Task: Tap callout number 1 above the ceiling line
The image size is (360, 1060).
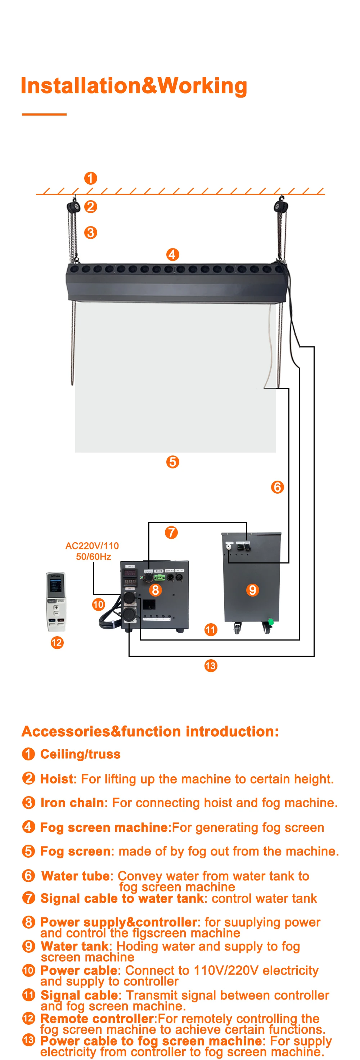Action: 90,178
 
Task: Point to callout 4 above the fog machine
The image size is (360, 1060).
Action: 172,254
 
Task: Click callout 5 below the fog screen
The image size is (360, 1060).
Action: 172,462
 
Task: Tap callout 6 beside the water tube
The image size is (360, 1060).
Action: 277,487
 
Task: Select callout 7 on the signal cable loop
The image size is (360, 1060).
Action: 171,533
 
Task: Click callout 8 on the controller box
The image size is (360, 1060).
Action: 155,590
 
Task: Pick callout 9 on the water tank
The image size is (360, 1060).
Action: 252,590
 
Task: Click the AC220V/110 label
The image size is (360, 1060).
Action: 92,545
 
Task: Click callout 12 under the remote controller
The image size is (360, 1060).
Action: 57,642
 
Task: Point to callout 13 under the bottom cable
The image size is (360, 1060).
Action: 211,665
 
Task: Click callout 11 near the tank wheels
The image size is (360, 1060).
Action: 211,630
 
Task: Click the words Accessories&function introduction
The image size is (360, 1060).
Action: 150,731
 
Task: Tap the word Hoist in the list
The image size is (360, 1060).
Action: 58,779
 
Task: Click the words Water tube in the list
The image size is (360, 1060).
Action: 76,876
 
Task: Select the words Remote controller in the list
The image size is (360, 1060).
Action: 97,1019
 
